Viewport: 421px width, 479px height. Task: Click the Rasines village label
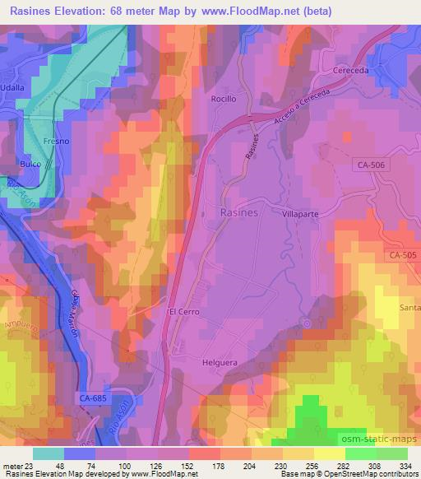click(240, 212)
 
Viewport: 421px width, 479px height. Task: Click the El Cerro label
click(183, 313)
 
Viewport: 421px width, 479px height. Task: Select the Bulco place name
click(30, 165)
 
